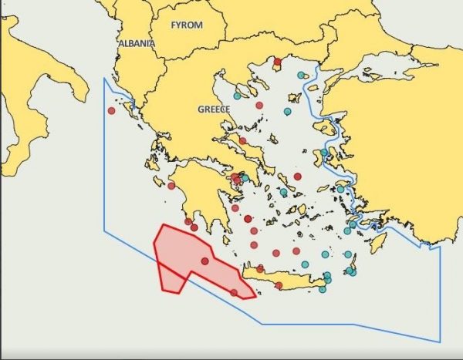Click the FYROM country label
(187, 25)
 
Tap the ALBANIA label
(137, 44)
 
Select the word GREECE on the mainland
(214, 109)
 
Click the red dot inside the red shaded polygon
(204, 261)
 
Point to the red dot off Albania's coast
(112, 110)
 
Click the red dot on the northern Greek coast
(278, 62)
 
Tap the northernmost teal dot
(301, 76)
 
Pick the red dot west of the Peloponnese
(171, 186)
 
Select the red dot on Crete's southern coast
(279, 285)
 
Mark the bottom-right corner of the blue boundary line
(440, 341)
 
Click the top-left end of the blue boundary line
(104, 78)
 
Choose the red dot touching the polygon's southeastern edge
(234, 292)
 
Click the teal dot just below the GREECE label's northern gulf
(238, 96)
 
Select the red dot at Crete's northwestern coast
(261, 269)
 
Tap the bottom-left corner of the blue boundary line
(104, 230)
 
